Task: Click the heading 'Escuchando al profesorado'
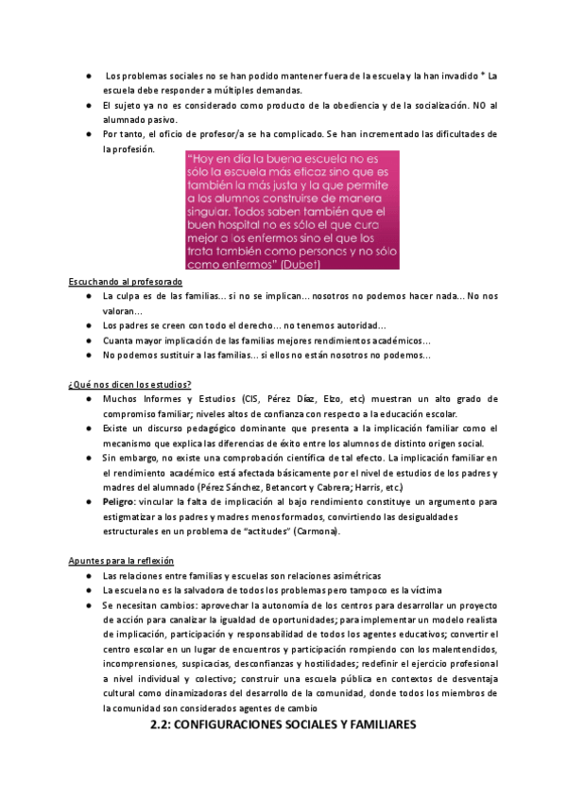pos(126,283)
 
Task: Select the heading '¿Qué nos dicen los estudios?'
pos(130,384)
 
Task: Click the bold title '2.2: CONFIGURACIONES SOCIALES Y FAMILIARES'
pos(283,725)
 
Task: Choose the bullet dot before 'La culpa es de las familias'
pos(86,297)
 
